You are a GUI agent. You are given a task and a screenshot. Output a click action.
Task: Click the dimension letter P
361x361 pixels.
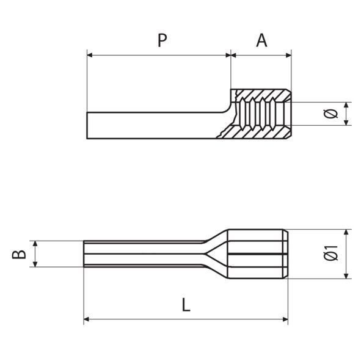tap(162, 40)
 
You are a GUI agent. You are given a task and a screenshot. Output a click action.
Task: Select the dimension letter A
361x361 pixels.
tap(261, 40)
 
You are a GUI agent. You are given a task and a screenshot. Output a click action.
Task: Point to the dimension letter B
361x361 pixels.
tap(20, 253)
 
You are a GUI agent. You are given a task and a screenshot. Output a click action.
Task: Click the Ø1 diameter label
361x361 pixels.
tap(330, 253)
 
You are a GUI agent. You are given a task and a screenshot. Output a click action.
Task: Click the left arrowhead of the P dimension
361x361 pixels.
tap(90, 55)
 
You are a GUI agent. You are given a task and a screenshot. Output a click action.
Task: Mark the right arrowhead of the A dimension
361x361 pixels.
tap(288, 55)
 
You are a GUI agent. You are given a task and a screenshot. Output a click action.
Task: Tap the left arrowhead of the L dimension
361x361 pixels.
tap(87, 319)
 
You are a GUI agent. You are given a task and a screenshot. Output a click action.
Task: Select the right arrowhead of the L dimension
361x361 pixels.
tap(285, 319)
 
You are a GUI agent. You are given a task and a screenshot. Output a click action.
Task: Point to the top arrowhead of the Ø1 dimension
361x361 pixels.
tap(347, 233)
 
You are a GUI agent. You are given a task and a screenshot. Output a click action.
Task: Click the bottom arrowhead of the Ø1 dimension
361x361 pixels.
tap(347, 275)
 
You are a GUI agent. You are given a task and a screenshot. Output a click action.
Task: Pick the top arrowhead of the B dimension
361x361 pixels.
tap(36, 244)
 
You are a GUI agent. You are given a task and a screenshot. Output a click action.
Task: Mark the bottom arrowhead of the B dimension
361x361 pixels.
tap(36, 263)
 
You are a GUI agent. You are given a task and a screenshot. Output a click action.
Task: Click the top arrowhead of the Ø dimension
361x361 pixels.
tap(347, 105)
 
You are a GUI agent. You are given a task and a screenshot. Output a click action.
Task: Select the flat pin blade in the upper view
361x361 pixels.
tap(153, 125)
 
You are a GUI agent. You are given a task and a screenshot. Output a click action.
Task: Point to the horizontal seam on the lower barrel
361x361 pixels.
tap(257, 253)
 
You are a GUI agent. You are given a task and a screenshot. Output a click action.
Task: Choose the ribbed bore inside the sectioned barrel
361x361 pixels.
tap(260, 114)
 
